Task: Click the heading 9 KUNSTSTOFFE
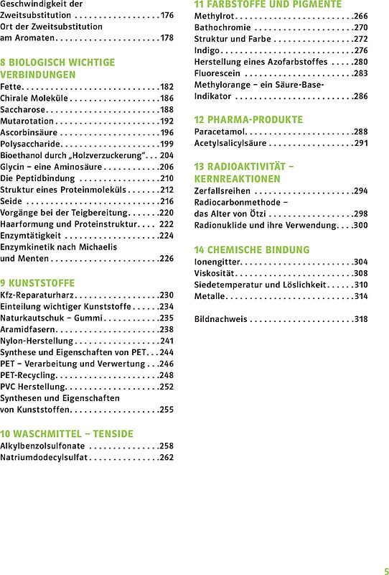[x=37, y=283]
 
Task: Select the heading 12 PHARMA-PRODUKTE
[x=248, y=120]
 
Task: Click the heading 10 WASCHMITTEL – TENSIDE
[x=67, y=434]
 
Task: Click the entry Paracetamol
[x=220, y=132]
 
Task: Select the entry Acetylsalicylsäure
[x=230, y=144]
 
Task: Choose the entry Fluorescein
[x=218, y=73]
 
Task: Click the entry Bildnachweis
[x=220, y=319]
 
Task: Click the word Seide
[x=11, y=201]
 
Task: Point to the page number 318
[x=360, y=319]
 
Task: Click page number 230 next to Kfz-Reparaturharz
[x=167, y=295]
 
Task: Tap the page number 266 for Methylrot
[x=360, y=16]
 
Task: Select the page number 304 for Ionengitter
[x=360, y=262]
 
